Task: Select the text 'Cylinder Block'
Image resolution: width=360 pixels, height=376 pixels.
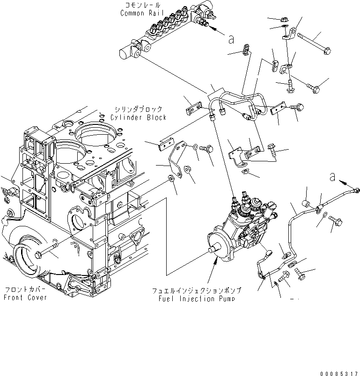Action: point(139,117)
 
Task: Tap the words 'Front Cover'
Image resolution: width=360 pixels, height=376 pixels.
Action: point(26,297)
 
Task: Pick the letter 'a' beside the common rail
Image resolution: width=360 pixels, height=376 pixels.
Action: point(230,39)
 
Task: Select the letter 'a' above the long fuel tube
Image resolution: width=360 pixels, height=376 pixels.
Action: point(333,177)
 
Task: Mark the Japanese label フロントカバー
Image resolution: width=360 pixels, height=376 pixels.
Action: point(25,290)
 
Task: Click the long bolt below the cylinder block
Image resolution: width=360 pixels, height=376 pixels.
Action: point(47,252)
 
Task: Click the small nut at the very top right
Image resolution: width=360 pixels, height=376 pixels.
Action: point(284,20)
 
